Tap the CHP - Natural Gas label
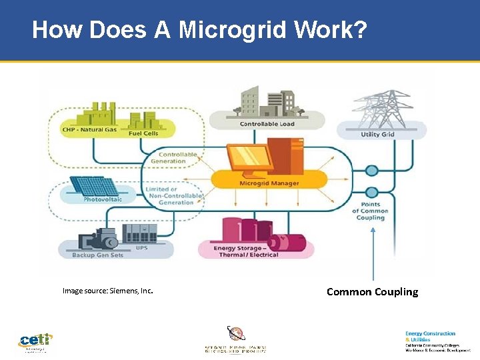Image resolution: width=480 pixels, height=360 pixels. [89, 129]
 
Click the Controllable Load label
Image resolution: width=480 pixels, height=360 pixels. [267, 124]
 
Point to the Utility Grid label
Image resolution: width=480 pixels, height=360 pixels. [378, 134]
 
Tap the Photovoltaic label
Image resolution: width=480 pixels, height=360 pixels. [102, 199]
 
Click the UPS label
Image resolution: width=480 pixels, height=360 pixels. [141, 247]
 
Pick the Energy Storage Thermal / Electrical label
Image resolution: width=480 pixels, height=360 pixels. [246, 251]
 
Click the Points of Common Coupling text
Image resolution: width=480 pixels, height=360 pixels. [371, 211]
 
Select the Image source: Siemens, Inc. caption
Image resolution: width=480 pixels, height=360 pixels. [107, 291]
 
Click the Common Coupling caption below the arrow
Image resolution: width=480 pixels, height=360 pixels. [372, 291]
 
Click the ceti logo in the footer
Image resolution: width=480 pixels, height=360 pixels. [35, 342]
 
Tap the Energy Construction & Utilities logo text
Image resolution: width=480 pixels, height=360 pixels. [431, 336]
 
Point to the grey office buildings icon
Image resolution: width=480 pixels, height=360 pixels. [267, 102]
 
